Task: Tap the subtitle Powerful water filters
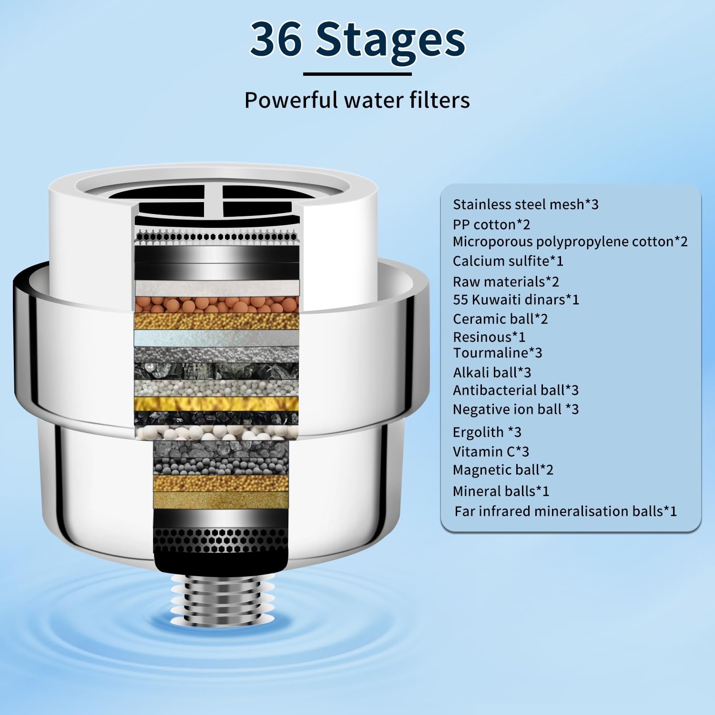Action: coord(357,100)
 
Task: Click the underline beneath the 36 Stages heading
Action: coord(357,74)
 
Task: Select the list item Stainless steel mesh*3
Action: coord(525,204)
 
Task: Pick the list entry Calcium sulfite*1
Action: coord(508,261)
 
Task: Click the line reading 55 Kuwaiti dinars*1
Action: coord(516,299)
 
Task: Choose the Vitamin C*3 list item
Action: coord(490,451)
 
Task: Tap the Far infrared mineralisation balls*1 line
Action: coord(565,511)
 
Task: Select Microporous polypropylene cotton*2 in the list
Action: coord(570,242)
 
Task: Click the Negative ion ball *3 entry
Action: coord(515,409)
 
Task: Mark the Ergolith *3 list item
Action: coord(487,432)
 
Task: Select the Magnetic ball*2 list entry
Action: coord(503,470)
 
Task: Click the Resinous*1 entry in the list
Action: coord(489,337)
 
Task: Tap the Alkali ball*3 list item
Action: coord(491,372)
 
